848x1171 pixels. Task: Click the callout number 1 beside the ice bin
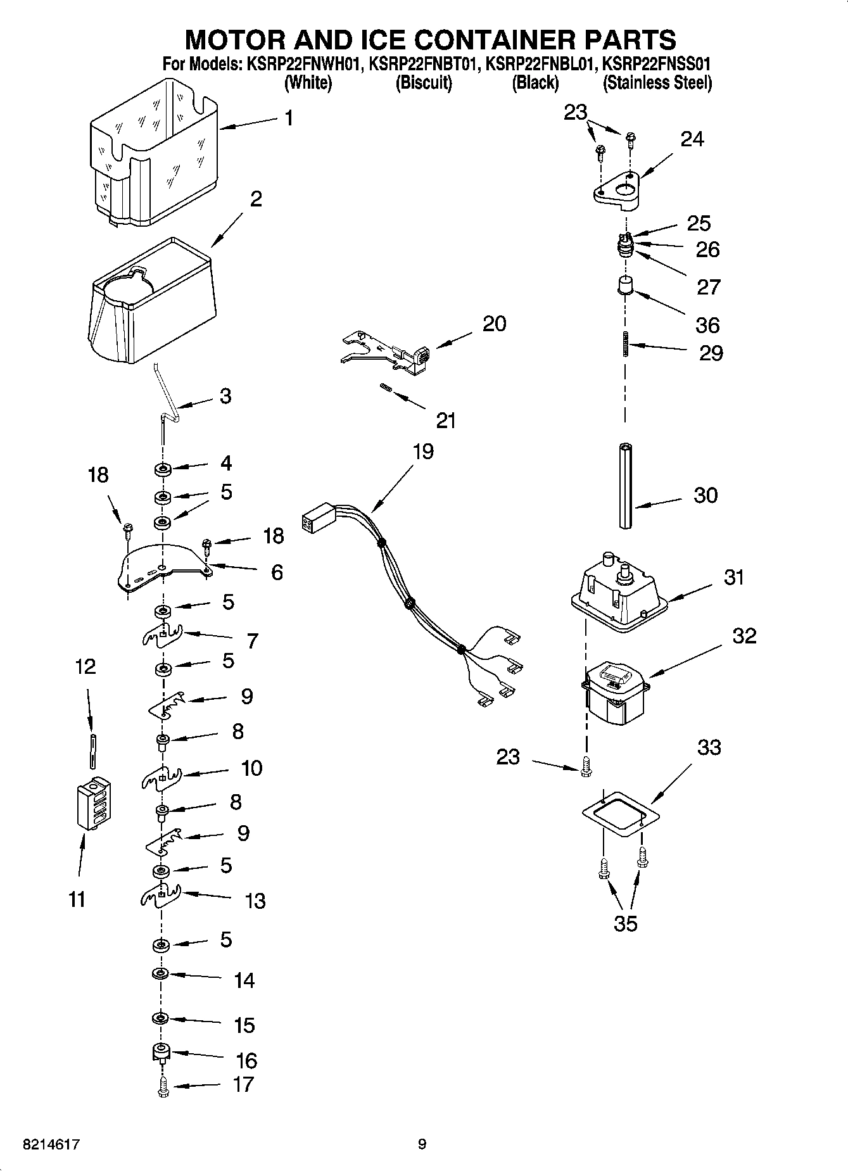click(x=289, y=118)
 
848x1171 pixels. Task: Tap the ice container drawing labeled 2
click(x=152, y=304)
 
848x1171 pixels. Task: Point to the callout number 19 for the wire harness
click(x=423, y=452)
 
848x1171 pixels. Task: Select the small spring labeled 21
click(x=384, y=388)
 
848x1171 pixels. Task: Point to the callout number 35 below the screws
click(x=625, y=924)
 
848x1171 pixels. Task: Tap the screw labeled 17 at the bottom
click(x=163, y=1087)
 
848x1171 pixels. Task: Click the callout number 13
click(x=255, y=901)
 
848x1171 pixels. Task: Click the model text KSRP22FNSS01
click(x=655, y=64)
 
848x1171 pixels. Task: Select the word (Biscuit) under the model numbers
click(x=424, y=83)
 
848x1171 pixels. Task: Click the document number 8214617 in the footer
click(x=51, y=1144)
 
